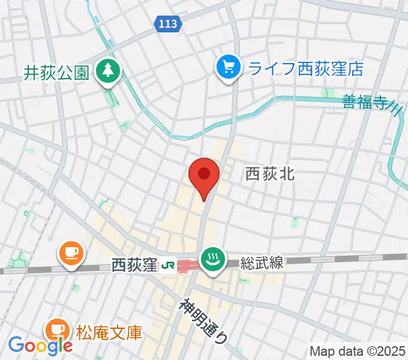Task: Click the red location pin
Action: pos(203,175)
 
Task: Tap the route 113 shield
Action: pos(168,24)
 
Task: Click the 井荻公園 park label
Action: pos(56,73)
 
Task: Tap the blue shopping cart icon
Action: pos(229,67)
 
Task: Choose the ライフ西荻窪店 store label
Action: pos(306,68)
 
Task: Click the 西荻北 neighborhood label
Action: pos(269,174)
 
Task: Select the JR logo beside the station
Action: pos(169,264)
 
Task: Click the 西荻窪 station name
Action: pos(134,264)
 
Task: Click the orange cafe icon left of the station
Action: pos(71,254)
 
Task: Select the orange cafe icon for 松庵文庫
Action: pos(58,330)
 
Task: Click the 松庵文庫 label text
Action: pos(109,331)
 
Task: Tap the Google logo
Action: pos(40,344)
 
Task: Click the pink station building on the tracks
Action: pos(190,265)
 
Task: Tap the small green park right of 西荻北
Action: pos(294,223)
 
